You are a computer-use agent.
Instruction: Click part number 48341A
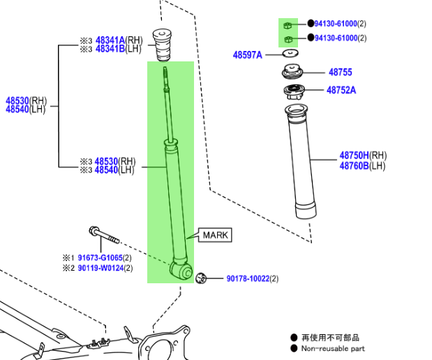click(x=110, y=40)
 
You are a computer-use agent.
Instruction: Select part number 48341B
click(x=110, y=49)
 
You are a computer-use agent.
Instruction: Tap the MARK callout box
click(x=216, y=235)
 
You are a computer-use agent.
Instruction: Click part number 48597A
click(x=247, y=54)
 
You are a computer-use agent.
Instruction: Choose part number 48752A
click(x=341, y=90)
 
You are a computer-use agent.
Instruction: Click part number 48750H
click(x=354, y=156)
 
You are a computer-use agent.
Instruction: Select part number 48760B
click(x=354, y=165)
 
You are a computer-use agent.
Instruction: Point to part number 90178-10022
click(x=247, y=278)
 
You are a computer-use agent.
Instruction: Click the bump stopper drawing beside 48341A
click(x=163, y=44)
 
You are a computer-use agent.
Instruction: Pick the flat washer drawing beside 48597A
click(x=290, y=54)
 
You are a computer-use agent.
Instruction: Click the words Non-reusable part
click(x=333, y=348)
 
